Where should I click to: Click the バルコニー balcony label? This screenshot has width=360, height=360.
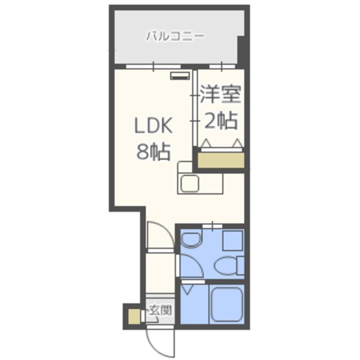point(175,36)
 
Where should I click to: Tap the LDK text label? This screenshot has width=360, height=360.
point(154,125)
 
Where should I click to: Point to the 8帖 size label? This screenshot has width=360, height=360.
point(154,151)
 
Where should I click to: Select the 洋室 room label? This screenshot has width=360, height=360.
point(220,94)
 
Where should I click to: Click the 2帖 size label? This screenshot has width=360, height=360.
point(220,120)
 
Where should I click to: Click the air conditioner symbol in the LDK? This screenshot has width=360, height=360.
point(180,76)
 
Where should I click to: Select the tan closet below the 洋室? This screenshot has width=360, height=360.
point(221,160)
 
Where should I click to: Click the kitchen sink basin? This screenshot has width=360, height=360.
point(190,183)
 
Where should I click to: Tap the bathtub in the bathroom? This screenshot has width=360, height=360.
point(227,304)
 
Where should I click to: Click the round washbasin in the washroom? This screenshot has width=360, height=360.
point(191,240)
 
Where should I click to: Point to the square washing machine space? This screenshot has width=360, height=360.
point(232,241)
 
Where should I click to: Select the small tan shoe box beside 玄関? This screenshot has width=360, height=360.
point(134,316)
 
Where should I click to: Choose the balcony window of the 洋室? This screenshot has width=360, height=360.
point(222,66)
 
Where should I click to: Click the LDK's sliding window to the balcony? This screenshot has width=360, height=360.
point(154,66)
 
